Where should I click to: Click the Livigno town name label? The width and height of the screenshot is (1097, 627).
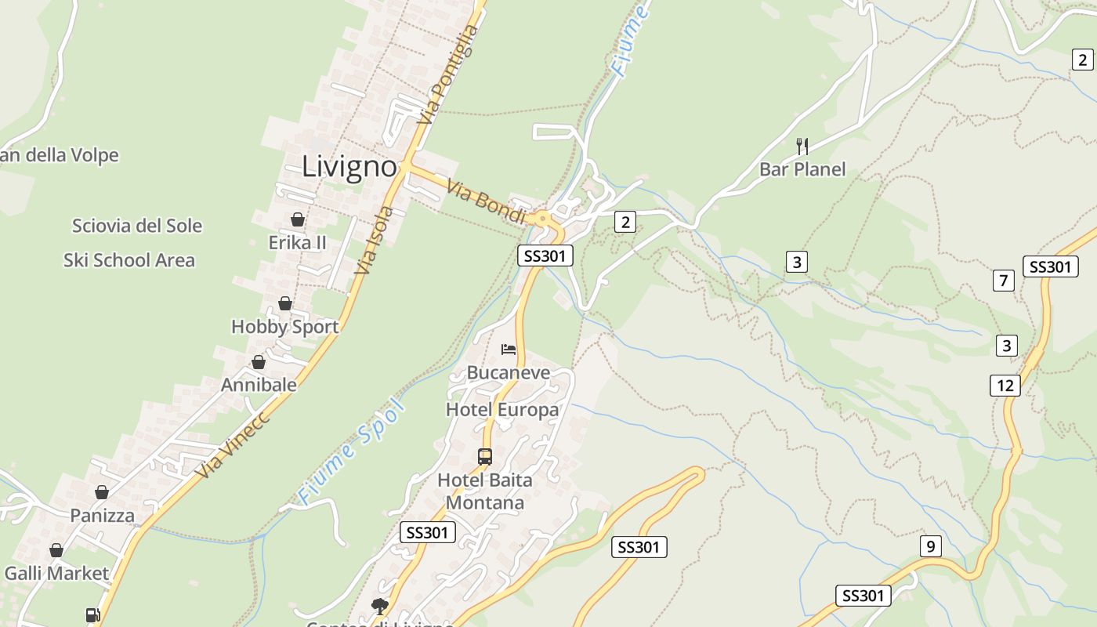tap(349, 167)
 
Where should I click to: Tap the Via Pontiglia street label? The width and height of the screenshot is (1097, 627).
tap(447, 75)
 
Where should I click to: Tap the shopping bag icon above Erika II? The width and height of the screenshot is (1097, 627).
tap(298, 219)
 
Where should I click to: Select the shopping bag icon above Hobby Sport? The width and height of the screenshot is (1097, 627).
tap(285, 303)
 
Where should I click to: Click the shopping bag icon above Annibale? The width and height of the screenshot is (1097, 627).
tap(259, 362)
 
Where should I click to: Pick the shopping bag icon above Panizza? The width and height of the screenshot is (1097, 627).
tap(102, 492)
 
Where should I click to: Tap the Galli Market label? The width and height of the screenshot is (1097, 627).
tap(56, 573)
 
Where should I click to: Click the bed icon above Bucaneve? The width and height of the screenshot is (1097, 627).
tap(509, 349)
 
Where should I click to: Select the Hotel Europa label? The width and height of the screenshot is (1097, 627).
tap(502, 410)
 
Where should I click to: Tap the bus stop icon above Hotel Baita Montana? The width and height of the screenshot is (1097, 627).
tap(485, 456)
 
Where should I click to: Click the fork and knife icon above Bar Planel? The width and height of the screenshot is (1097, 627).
tap(802, 146)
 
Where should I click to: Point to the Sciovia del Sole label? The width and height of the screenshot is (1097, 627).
tap(137, 226)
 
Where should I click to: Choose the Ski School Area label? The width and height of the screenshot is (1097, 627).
tap(129, 260)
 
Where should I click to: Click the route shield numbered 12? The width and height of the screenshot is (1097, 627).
tap(1005, 385)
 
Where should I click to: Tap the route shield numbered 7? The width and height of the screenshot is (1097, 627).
tap(1003, 280)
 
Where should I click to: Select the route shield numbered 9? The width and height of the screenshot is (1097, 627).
tap(930, 546)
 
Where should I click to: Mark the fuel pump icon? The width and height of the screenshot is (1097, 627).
tap(92, 616)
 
